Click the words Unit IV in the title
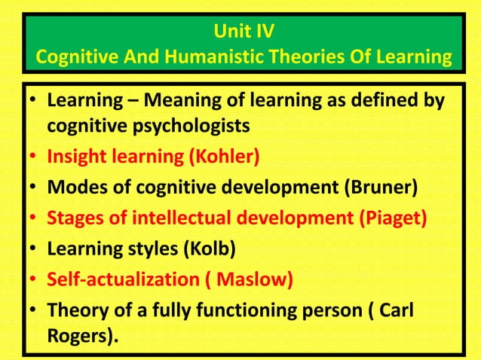tap(240, 32)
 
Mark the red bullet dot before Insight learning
tap(34, 158)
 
